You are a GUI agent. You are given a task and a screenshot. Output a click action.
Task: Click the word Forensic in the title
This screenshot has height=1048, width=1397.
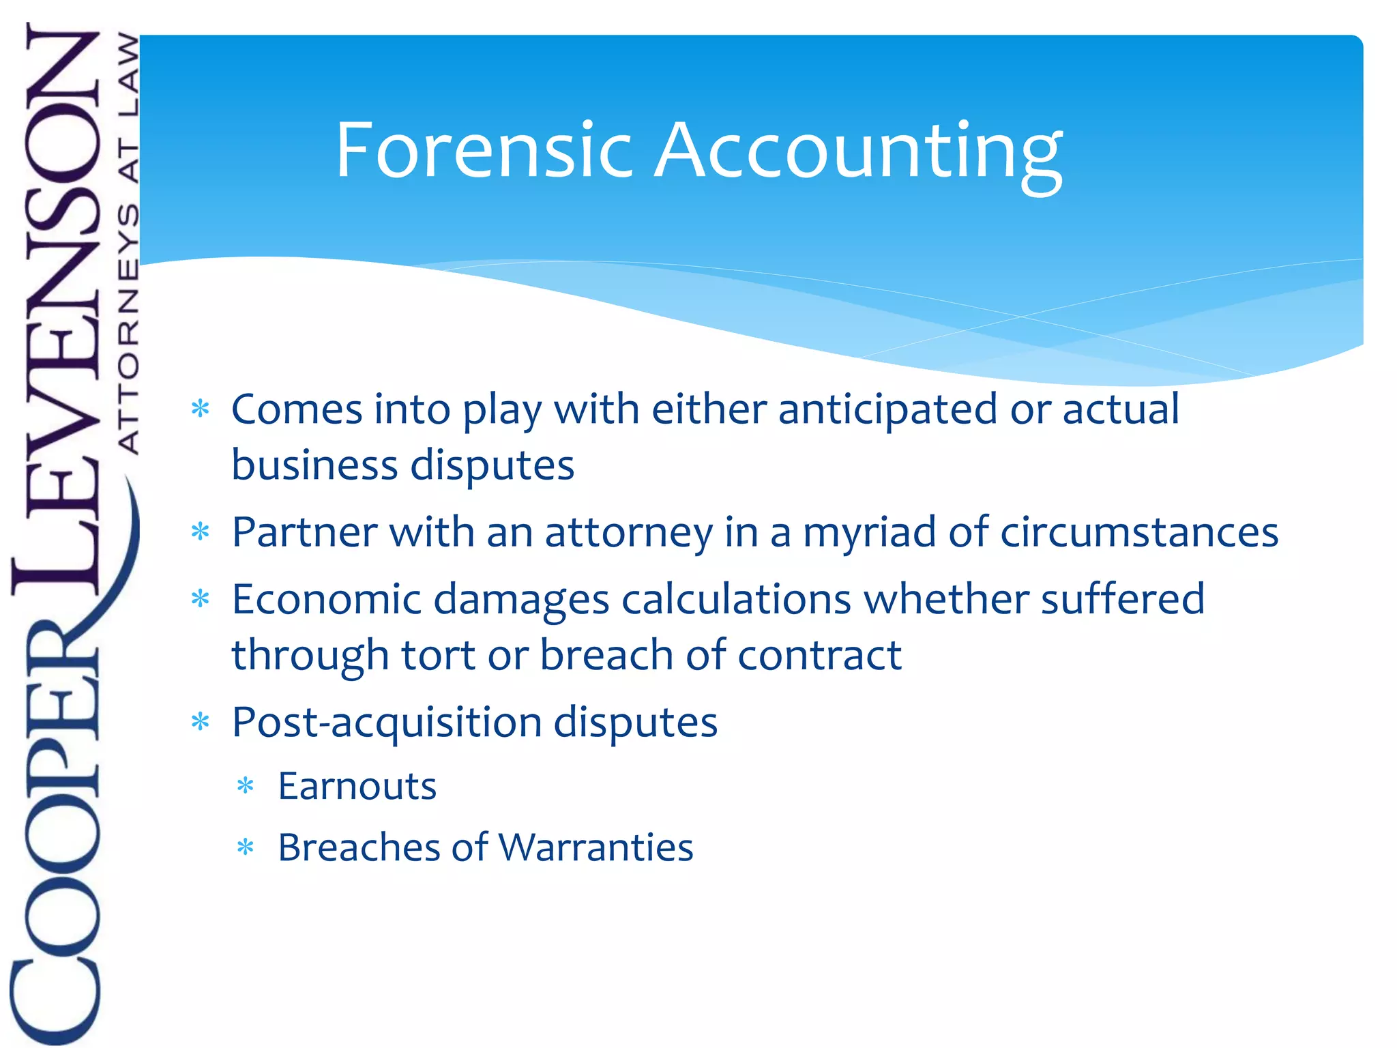[x=484, y=149]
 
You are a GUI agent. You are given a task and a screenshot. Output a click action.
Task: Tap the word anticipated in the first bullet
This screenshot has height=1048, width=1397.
[x=887, y=409]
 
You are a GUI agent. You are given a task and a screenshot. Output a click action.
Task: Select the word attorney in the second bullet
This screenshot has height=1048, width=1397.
[x=628, y=532]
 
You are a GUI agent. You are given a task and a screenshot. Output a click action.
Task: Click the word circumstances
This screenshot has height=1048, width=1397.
[x=1138, y=532]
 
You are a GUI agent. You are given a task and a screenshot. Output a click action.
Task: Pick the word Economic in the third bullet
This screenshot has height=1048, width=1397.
[x=327, y=599]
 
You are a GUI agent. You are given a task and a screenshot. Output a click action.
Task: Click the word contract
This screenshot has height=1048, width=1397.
[x=819, y=655]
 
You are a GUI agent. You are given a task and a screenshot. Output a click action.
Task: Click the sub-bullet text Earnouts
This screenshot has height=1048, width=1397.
[x=357, y=786]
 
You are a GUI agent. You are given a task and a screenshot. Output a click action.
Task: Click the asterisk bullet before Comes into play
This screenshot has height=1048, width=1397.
[x=200, y=409]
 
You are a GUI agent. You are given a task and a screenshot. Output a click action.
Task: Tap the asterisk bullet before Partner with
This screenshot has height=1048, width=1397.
[x=200, y=532]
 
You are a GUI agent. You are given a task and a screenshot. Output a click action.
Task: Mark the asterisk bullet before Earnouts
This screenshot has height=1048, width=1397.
[x=245, y=786]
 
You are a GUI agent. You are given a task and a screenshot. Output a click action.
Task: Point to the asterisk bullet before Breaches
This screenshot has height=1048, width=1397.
[x=245, y=847]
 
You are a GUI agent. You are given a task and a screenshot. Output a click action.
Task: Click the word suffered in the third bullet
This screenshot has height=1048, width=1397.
[x=1122, y=599]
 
